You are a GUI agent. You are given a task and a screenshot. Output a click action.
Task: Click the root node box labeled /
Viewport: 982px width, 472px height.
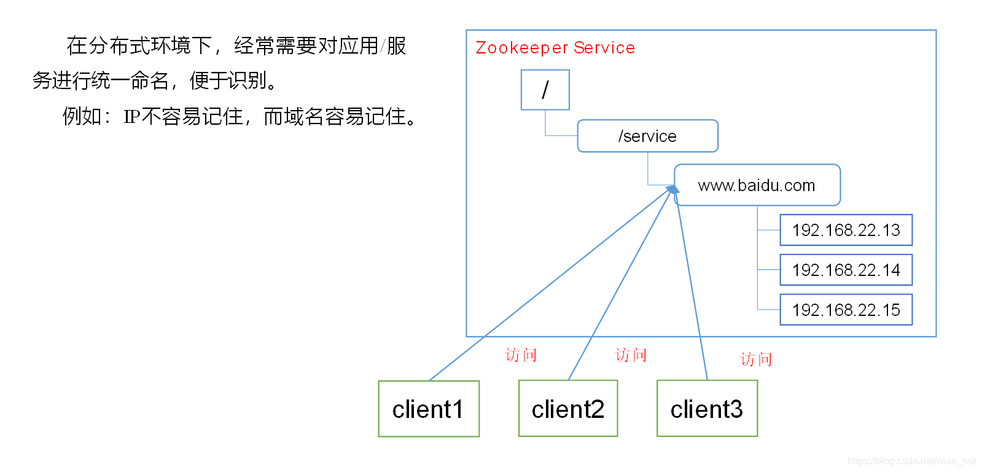tap(545, 90)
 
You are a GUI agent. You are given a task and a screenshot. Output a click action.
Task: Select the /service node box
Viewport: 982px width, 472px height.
tap(647, 136)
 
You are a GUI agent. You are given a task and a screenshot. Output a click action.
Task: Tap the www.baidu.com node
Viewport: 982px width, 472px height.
tap(757, 185)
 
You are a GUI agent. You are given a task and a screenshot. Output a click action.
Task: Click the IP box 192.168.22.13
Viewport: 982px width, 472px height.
tap(846, 230)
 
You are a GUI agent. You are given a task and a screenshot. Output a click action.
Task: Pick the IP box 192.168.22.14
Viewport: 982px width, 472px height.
tap(846, 270)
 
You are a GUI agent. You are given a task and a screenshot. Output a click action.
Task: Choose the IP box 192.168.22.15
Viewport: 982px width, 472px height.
tap(846, 310)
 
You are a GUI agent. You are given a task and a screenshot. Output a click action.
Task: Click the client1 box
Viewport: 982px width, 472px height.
tap(429, 409)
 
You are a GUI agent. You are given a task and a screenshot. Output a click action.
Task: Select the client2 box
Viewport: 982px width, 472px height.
tap(568, 409)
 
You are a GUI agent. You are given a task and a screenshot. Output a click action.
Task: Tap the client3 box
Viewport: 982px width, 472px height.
tap(707, 409)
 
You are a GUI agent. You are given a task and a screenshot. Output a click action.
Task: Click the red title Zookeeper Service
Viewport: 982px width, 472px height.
tap(555, 48)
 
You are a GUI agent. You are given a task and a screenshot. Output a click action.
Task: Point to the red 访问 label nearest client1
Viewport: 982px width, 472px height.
tap(521, 355)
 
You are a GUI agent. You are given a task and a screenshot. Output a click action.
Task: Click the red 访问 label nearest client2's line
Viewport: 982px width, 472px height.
tap(631, 355)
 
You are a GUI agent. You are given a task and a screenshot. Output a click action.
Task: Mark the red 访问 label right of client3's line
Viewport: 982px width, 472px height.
tap(756, 360)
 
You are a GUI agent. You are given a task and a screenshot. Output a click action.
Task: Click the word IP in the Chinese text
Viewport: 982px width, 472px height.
tap(131, 117)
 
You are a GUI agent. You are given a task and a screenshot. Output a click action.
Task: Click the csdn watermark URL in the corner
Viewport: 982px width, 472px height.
tap(911, 461)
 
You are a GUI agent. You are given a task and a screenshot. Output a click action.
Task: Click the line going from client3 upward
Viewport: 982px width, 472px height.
tap(693, 289)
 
